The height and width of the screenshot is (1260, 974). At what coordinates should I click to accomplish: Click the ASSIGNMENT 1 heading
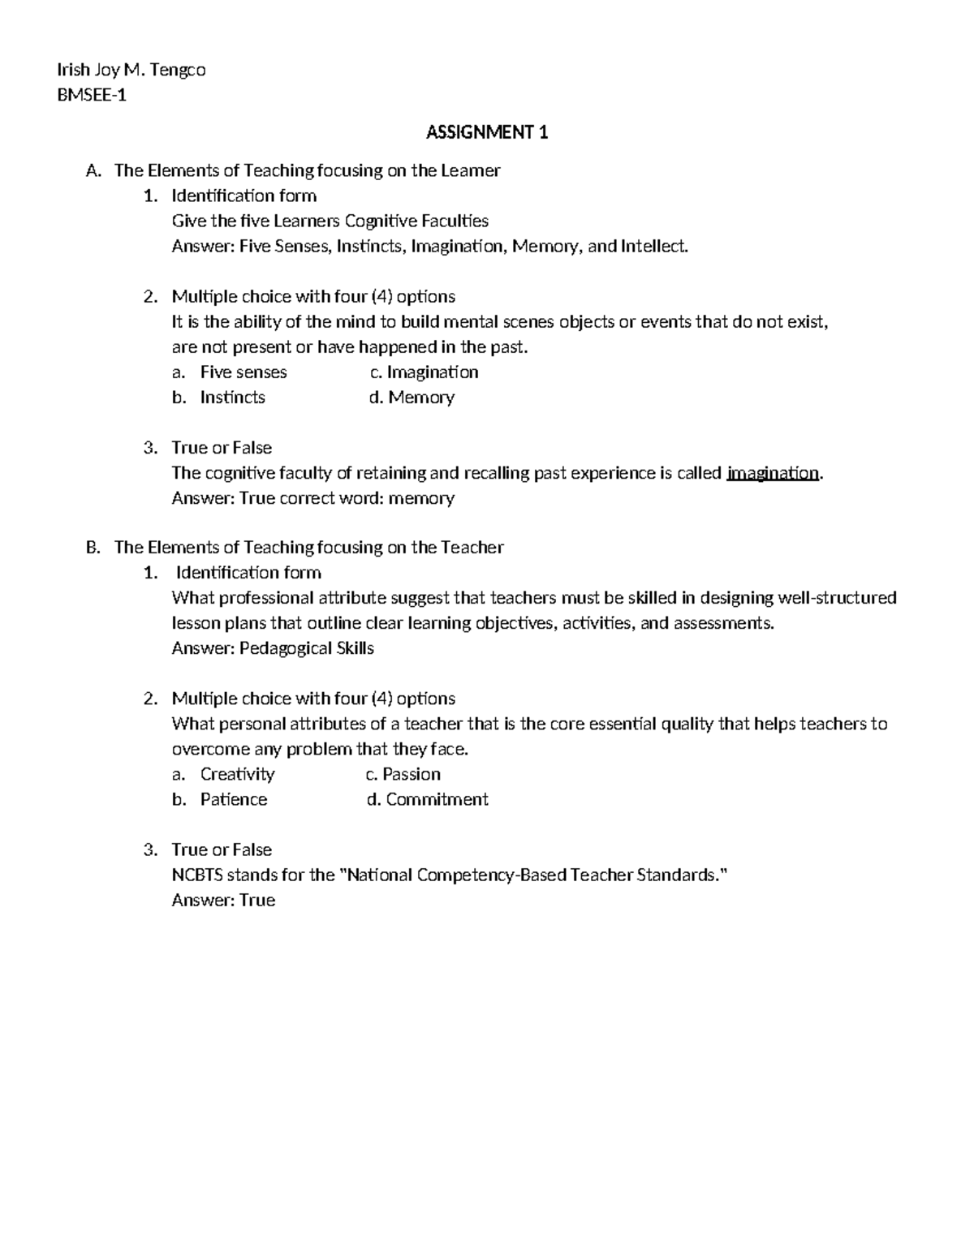point(487,132)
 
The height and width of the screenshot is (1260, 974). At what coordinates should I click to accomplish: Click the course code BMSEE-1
point(91,95)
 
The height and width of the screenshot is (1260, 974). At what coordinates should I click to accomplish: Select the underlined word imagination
point(773,473)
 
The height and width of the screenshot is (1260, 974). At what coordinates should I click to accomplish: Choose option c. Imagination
point(424,372)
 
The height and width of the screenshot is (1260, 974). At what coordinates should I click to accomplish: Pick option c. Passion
point(403,774)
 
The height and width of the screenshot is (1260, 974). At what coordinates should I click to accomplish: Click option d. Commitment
point(428,799)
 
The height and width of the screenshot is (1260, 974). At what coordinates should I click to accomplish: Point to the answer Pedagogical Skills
point(306,648)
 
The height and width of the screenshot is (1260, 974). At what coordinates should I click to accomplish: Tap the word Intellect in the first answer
point(653,247)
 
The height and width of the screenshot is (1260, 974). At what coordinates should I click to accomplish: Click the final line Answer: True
point(223,900)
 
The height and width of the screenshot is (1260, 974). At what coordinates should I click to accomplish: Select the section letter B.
point(92,548)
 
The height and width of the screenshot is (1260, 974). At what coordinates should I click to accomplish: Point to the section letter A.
point(92,170)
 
